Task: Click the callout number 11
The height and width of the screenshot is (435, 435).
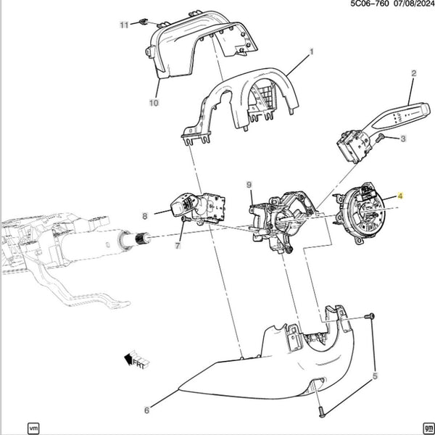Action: (x=124, y=25)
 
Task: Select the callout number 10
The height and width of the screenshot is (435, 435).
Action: (x=154, y=103)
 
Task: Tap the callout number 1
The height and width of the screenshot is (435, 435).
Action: (x=312, y=51)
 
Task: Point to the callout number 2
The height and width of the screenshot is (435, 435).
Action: (x=414, y=73)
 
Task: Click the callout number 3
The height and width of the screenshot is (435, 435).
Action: (x=403, y=138)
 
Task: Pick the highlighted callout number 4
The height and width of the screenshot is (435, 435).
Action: (x=399, y=196)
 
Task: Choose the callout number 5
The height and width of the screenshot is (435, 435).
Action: (x=375, y=376)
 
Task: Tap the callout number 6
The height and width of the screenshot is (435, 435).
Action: (x=146, y=410)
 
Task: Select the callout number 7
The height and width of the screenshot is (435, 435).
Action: (x=178, y=245)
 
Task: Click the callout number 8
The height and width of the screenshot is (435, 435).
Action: (x=144, y=216)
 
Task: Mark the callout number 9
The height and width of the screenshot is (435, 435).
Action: (x=249, y=184)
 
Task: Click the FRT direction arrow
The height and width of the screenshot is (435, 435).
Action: (x=136, y=360)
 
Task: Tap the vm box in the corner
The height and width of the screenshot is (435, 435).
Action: (x=33, y=428)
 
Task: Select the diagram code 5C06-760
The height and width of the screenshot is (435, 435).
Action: (x=370, y=4)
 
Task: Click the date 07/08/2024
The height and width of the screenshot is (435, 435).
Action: (x=413, y=4)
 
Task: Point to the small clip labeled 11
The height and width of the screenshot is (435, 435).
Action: (x=143, y=22)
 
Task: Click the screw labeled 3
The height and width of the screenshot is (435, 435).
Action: (x=379, y=137)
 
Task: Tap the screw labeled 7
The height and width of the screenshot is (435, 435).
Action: (x=186, y=219)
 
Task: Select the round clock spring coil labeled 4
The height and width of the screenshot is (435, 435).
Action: (x=360, y=212)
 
